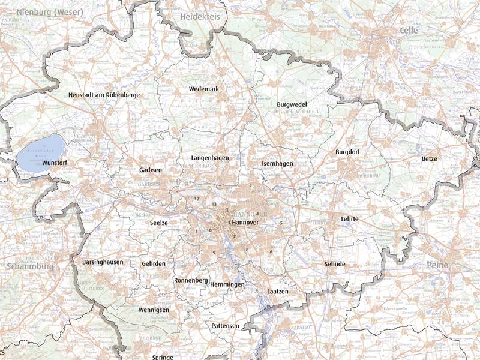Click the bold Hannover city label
(x=244, y=223)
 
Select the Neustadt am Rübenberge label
(x=104, y=95)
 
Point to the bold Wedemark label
(x=204, y=89)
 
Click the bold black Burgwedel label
(x=292, y=104)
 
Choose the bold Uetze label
(x=429, y=159)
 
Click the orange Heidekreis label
(x=200, y=17)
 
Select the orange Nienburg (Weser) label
(x=42, y=12)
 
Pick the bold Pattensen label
(x=225, y=326)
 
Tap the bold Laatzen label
(x=277, y=291)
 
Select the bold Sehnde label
(x=335, y=264)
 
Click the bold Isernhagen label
(x=277, y=164)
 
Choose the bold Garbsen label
(x=150, y=170)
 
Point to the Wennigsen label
(x=154, y=310)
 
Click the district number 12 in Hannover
(x=196, y=199)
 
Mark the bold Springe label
(x=162, y=357)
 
